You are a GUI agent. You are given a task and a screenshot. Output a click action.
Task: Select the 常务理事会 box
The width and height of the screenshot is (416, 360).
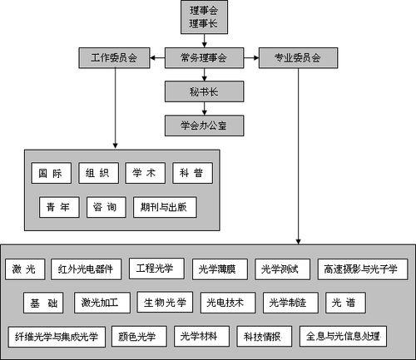point(205,58)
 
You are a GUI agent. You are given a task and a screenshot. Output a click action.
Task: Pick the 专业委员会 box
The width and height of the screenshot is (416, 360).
point(297,58)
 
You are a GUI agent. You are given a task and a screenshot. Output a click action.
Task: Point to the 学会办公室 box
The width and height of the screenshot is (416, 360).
point(205,126)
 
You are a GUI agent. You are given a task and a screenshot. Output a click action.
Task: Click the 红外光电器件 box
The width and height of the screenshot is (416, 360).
point(86,269)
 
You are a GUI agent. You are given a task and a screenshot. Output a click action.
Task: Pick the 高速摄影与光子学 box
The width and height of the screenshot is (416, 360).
point(363,269)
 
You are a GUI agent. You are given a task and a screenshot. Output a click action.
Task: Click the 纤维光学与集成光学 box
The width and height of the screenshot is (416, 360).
point(56,337)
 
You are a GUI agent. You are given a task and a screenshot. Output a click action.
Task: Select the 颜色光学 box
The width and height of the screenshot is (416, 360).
point(138,337)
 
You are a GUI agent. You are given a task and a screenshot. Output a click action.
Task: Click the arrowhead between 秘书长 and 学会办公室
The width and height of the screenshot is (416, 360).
point(205,111)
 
